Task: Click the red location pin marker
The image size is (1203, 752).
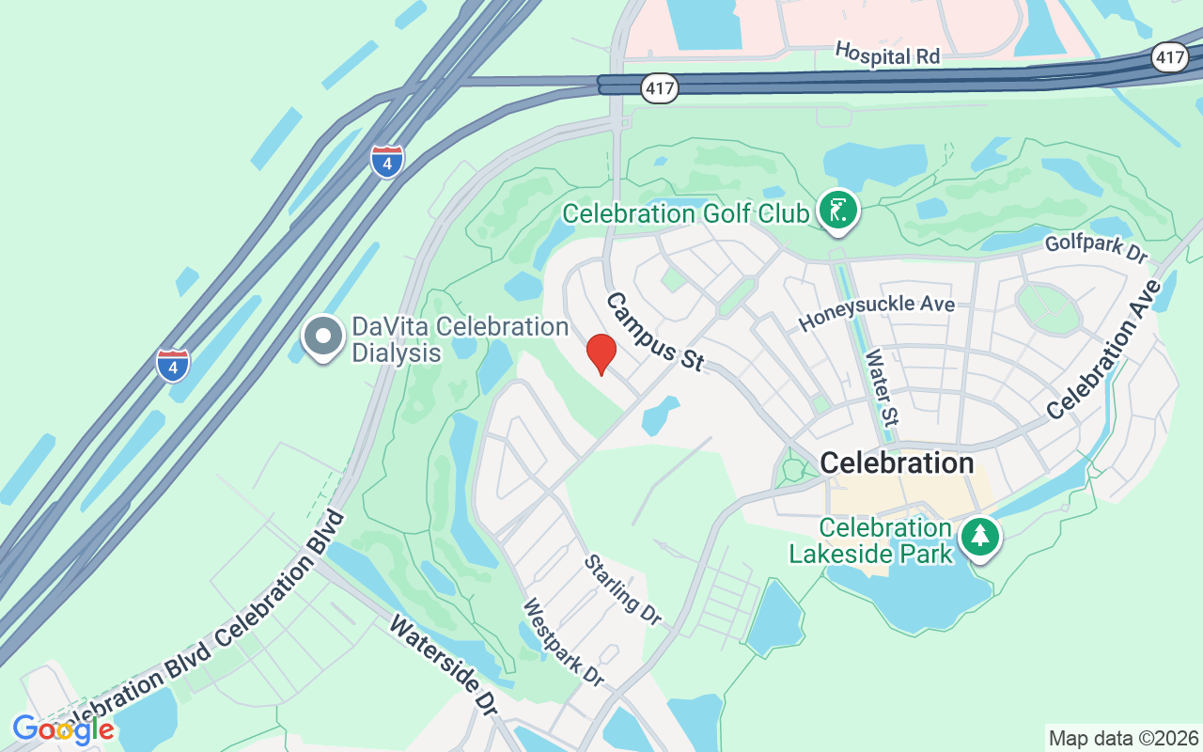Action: click(601, 353)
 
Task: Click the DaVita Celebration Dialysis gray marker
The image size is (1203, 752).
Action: click(323, 336)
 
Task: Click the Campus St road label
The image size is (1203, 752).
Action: click(655, 332)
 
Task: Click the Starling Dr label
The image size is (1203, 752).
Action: click(623, 589)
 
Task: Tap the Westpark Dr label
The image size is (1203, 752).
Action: click(563, 642)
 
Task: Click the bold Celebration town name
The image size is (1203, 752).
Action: click(897, 462)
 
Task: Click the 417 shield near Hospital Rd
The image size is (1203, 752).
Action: click(661, 89)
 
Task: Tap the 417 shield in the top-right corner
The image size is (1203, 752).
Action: click(1170, 58)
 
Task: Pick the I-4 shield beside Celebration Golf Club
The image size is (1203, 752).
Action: click(386, 161)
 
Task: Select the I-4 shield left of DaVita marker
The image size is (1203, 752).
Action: click(173, 365)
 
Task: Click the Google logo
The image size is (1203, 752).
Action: click(63, 728)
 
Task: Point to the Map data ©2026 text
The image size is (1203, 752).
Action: click(1123, 738)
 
